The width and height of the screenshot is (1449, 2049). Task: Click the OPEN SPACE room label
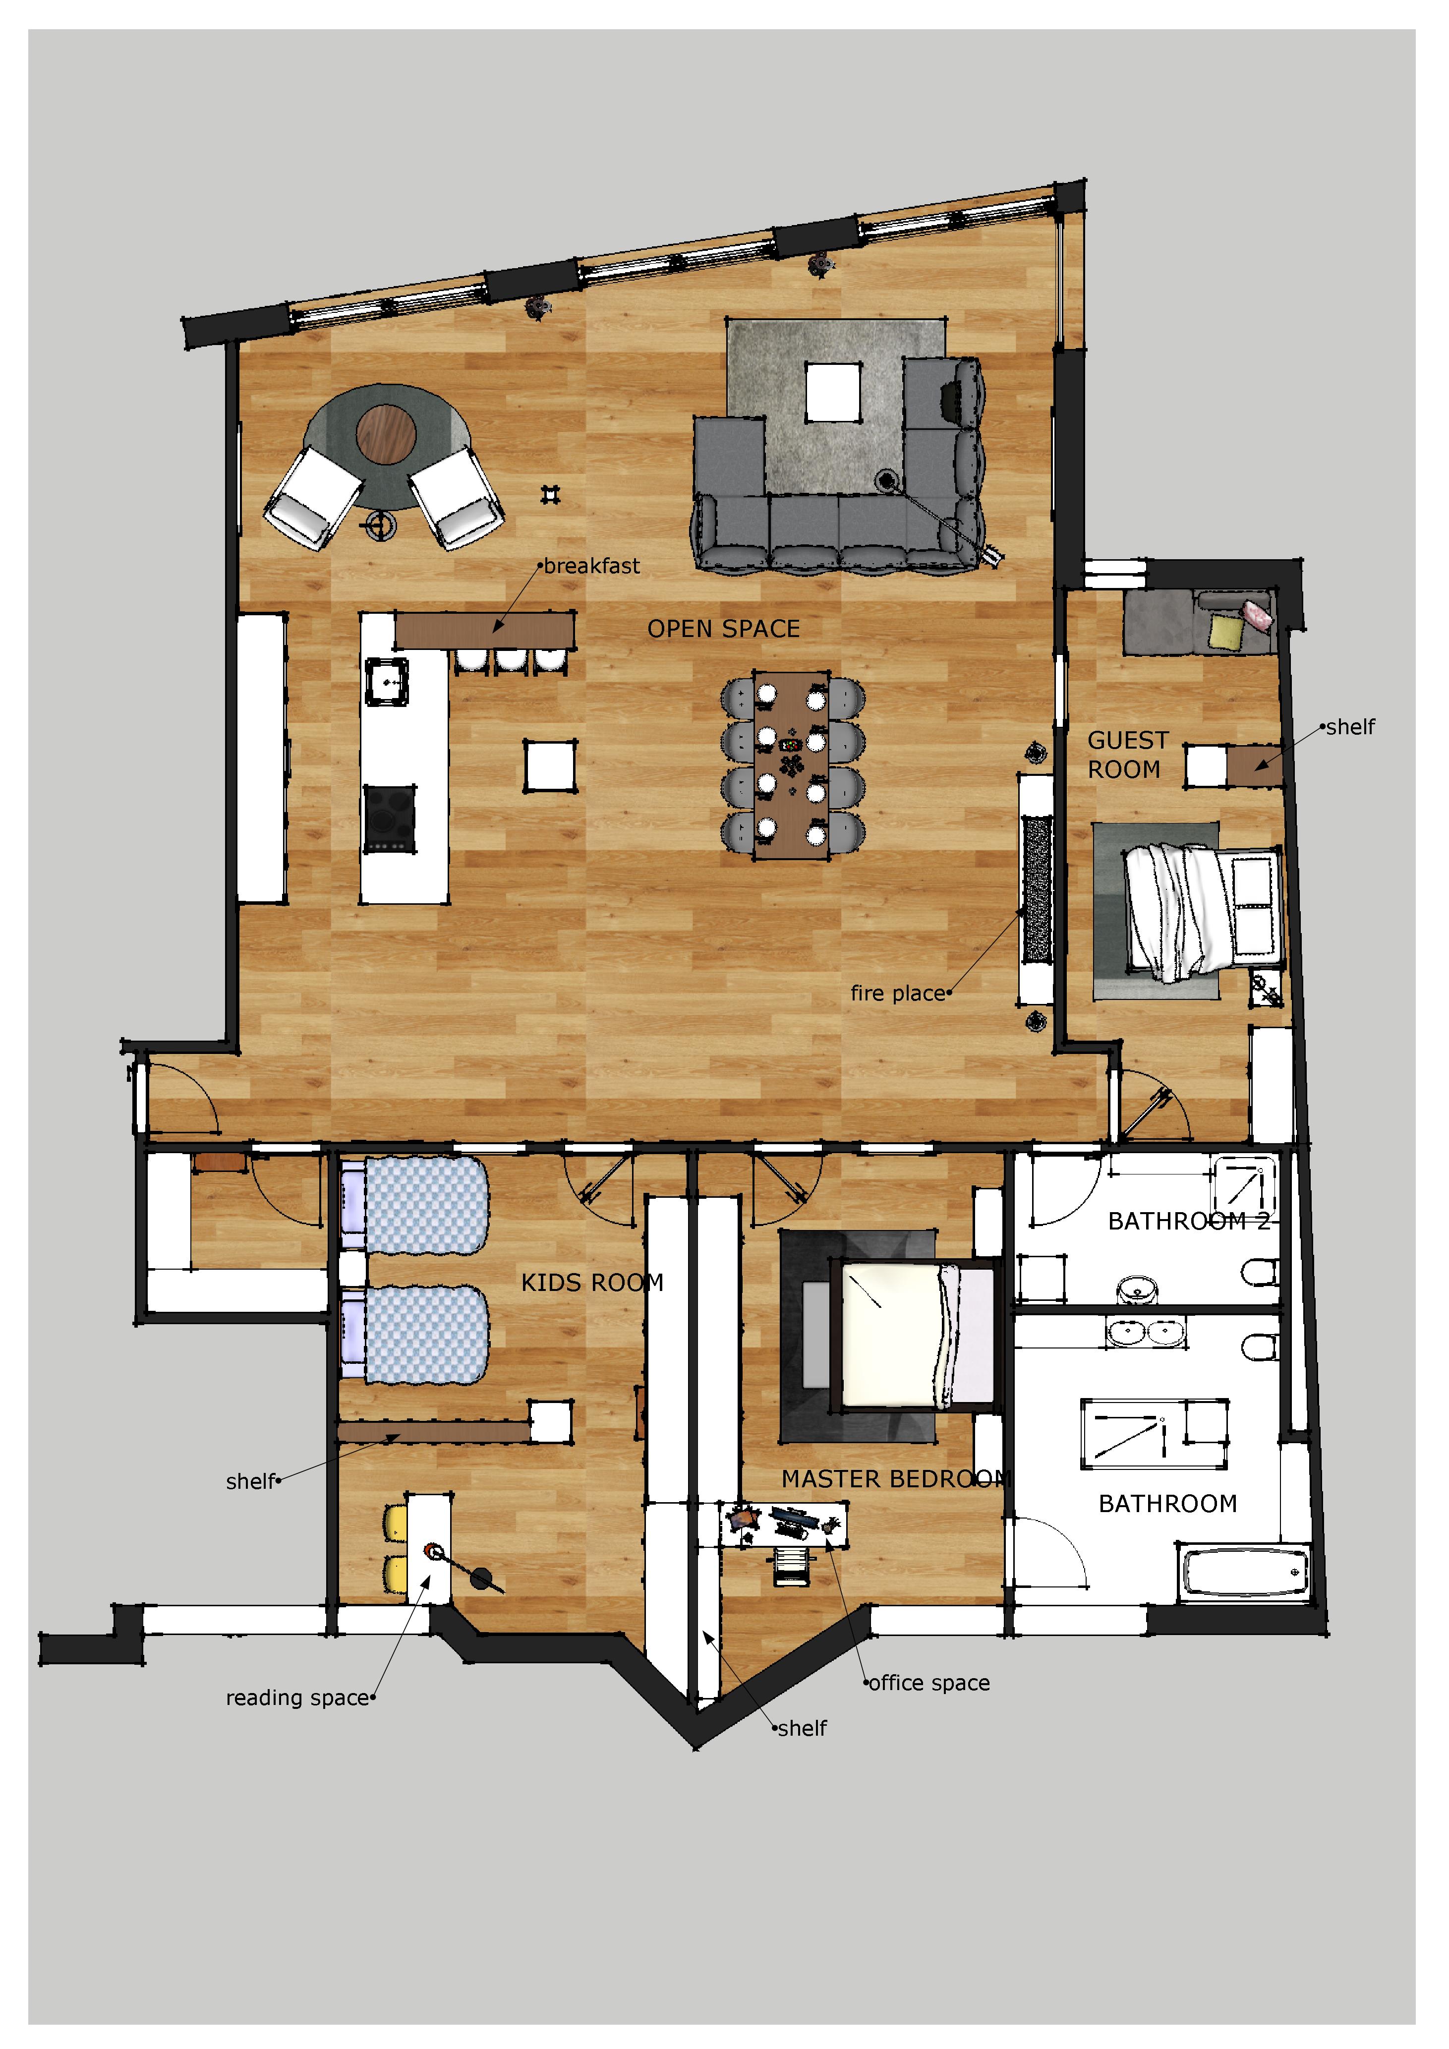724,629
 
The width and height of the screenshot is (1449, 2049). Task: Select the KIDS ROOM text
592,1284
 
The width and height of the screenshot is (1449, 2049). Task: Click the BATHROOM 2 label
1188,1222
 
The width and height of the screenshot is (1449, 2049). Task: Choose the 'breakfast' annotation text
591,566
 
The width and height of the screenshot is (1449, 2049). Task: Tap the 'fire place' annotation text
898,993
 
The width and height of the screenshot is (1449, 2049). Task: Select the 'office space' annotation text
929,1682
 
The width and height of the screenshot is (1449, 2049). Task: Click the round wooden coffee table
386,435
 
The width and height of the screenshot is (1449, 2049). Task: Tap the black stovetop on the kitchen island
390,819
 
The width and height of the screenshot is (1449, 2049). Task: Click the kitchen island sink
386,683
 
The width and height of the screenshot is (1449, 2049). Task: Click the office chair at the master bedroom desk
791,1566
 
